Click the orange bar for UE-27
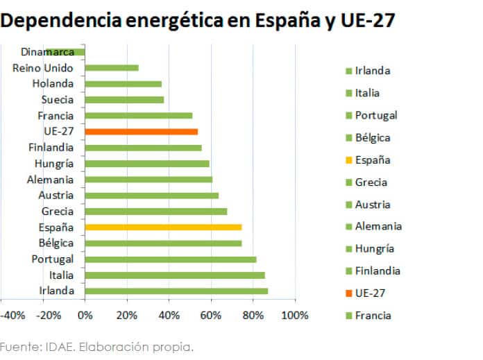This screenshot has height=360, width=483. point(141,131)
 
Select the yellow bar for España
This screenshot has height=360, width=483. point(163,227)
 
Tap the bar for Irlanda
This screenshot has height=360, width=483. point(176,291)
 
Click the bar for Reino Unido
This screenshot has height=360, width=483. point(112,67)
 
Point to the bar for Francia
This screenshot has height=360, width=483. point(138,115)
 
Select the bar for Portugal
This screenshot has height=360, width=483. point(170,259)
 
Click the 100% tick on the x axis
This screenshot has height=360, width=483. point(296,315)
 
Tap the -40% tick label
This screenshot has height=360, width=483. point(13,315)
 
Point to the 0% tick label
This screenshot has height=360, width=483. point(85,315)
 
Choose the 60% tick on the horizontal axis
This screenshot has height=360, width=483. point(211,315)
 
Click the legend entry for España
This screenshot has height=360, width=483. point(372,160)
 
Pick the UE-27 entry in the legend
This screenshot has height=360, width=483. point(369,293)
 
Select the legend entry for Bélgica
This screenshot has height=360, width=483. point(372,138)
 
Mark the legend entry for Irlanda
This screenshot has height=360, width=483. point(372,71)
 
